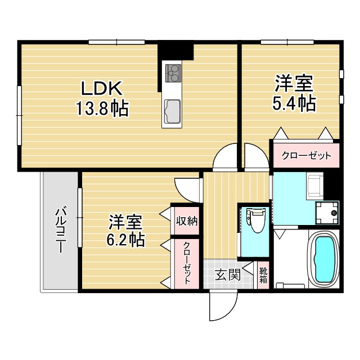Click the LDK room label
pos(102,88)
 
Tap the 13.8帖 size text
pos(102,107)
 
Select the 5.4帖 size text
pos(294,103)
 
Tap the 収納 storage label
pos(186,221)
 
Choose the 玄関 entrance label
pos(228,275)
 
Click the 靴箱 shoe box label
pos(263,275)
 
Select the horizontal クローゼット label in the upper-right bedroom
pos(306,156)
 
